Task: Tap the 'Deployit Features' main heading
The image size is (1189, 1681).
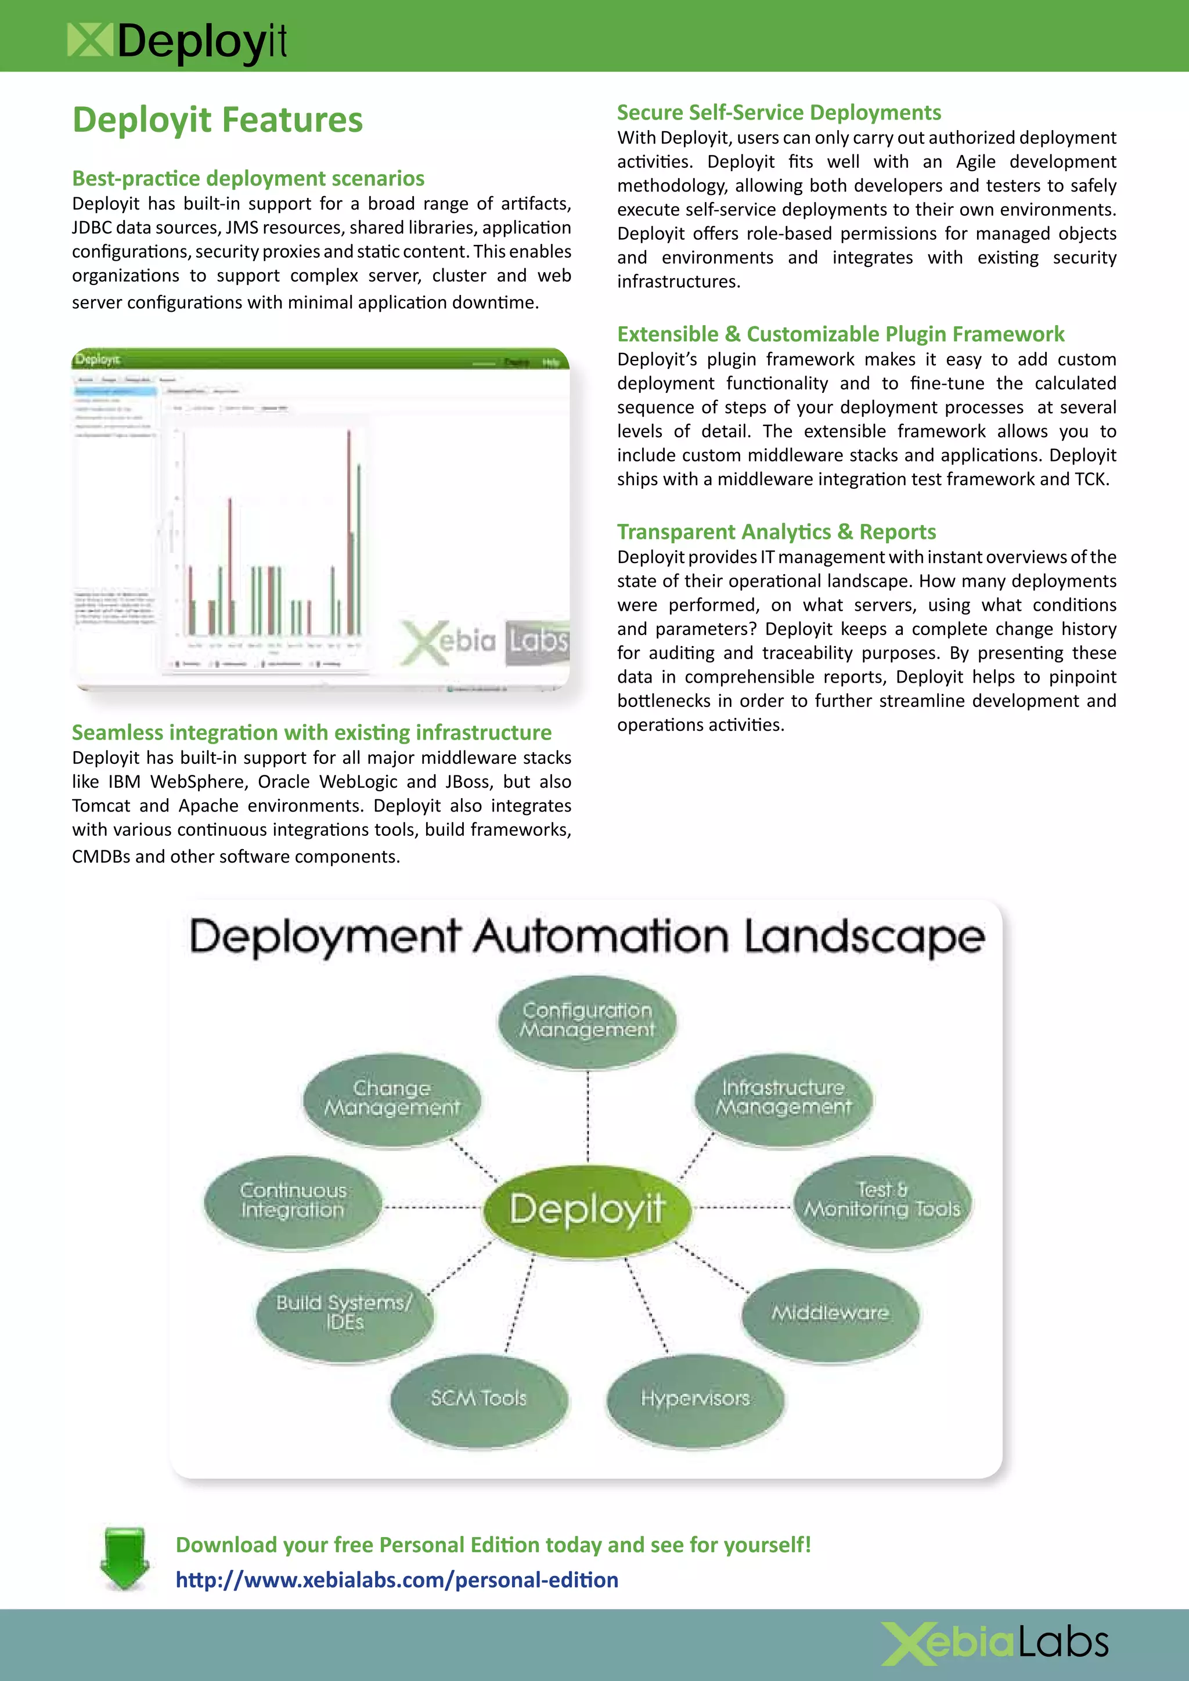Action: [218, 120]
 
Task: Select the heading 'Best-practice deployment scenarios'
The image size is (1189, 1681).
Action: [248, 178]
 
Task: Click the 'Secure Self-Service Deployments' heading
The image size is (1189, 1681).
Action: [779, 112]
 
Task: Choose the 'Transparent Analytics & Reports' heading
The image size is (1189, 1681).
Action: [776, 532]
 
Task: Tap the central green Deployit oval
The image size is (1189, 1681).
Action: [586, 1209]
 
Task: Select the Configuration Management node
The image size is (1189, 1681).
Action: [587, 1020]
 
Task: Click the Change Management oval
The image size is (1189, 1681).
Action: [392, 1098]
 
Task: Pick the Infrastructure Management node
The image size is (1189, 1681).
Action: [783, 1098]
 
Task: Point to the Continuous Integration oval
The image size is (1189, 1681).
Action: [293, 1201]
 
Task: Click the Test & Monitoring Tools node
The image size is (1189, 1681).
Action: [882, 1200]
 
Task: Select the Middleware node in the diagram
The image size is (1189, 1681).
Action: [830, 1313]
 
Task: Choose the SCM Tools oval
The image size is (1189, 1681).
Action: [479, 1398]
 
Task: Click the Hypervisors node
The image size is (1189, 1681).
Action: [695, 1398]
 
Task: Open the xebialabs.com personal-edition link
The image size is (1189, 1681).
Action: [397, 1579]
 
